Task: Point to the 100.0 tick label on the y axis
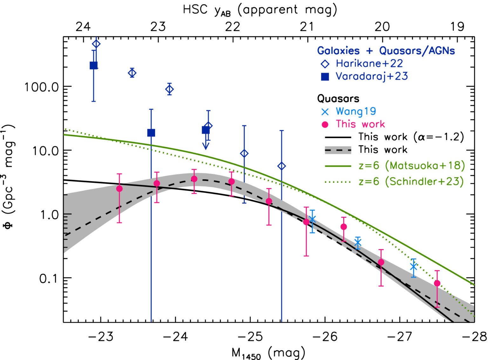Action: pyautogui.click(x=42, y=87)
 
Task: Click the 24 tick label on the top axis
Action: pyautogui.click(x=83, y=27)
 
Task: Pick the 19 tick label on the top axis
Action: pyautogui.click(x=457, y=27)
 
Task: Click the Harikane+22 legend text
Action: pyautogui.click(x=369, y=63)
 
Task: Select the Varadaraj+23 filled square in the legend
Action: pyautogui.click(x=325, y=77)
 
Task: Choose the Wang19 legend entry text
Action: pyautogui.click(x=356, y=111)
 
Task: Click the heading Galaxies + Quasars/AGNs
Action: pyautogui.click(x=386, y=50)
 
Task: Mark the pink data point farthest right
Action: pyautogui.click(x=437, y=283)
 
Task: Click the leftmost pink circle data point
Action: pyautogui.click(x=119, y=189)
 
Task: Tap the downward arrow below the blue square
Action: pyautogui.click(x=206, y=145)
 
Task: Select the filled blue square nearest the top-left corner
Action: pyautogui.click(x=93, y=66)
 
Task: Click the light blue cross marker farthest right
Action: pyautogui.click(x=413, y=266)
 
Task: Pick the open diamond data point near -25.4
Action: pyautogui.click(x=281, y=166)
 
